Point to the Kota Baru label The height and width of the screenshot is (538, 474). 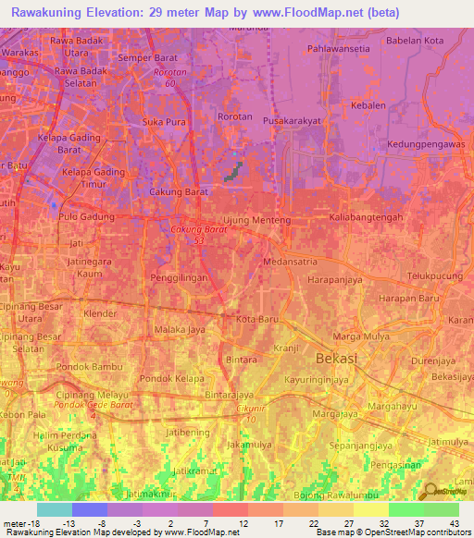tap(257, 319)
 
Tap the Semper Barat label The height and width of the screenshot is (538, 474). tap(146, 58)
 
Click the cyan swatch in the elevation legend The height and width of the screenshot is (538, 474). tap(55, 509)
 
